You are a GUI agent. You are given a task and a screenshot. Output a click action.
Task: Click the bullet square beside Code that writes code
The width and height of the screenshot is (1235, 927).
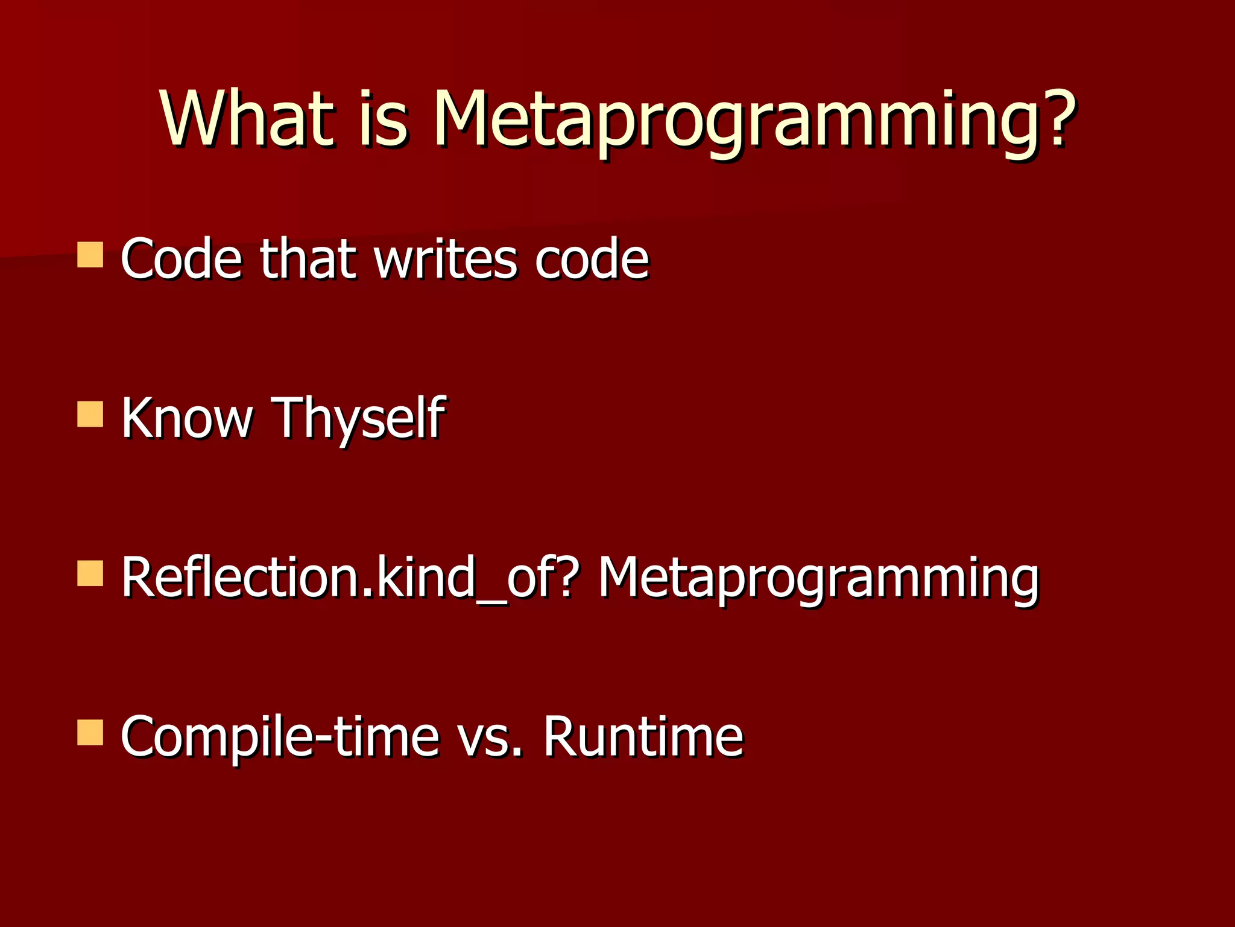(x=90, y=255)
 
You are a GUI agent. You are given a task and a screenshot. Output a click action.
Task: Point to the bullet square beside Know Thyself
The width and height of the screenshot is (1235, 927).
(x=90, y=415)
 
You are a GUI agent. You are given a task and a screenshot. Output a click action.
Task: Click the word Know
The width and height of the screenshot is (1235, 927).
(x=187, y=418)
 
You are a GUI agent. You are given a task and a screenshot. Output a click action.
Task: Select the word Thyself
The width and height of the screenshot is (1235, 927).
(x=359, y=419)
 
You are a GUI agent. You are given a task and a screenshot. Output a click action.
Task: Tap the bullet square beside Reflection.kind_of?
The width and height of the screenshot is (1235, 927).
(x=90, y=574)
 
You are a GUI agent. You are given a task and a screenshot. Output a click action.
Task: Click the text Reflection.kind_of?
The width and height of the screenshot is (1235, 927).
(x=347, y=578)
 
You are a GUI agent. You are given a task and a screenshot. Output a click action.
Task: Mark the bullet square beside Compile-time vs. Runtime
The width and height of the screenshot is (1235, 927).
(x=90, y=733)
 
